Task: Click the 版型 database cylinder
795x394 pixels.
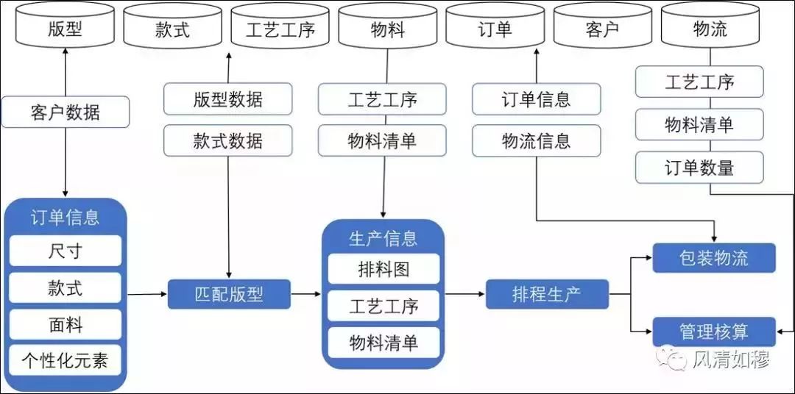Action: pyautogui.click(x=65, y=25)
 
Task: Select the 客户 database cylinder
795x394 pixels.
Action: pyautogui.click(x=602, y=25)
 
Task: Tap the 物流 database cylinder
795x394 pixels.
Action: pyautogui.click(x=710, y=25)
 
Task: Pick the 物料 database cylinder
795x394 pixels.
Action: pyautogui.click(x=388, y=25)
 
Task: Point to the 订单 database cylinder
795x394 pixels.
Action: pyautogui.click(x=495, y=25)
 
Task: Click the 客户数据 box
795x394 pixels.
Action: pyautogui.click(x=66, y=112)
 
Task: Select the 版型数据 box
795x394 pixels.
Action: pyautogui.click(x=227, y=98)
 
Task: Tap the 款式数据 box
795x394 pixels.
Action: pyautogui.click(x=227, y=140)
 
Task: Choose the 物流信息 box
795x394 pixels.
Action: pyautogui.click(x=537, y=140)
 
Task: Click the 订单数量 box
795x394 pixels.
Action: pyautogui.click(x=699, y=167)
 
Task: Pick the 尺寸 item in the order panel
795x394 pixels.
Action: pyautogui.click(x=66, y=251)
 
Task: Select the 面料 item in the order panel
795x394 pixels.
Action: pyautogui.click(x=66, y=325)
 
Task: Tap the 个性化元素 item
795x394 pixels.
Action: pyautogui.click(x=66, y=361)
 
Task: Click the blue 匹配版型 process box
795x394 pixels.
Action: pyautogui.click(x=229, y=294)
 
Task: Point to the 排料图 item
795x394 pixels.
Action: pyautogui.click(x=384, y=269)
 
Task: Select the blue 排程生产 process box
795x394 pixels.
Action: pyautogui.click(x=547, y=294)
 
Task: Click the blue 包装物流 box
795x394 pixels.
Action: pyautogui.click(x=714, y=258)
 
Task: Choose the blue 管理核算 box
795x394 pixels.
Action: pyautogui.click(x=714, y=332)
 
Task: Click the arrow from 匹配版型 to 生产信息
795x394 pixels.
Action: pyautogui.click(x=306, y=294)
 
